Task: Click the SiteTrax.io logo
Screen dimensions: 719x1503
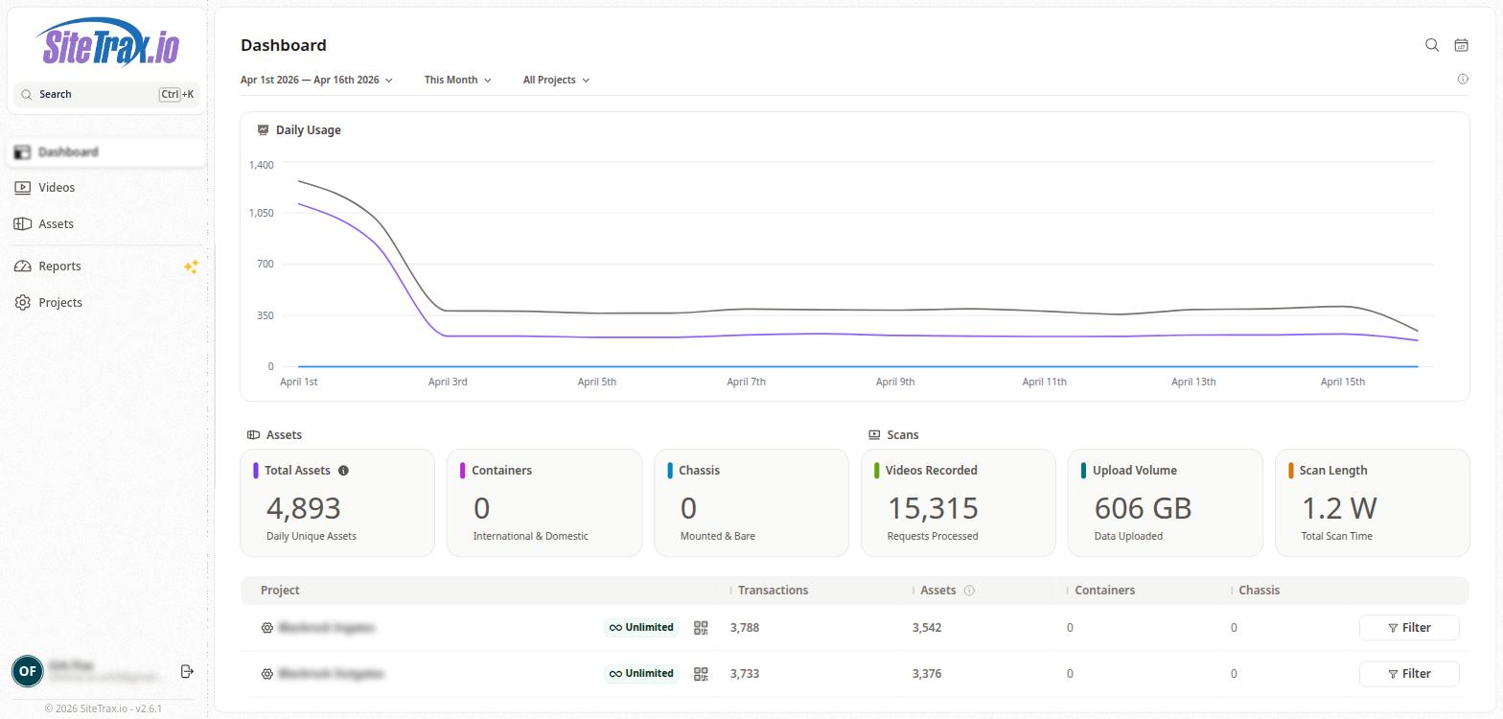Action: tap(108, 44)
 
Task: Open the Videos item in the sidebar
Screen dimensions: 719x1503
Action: tap(57, 188)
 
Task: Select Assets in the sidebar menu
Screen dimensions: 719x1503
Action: tap(56, 224)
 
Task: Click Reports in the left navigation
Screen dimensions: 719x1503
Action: tap(59, 267)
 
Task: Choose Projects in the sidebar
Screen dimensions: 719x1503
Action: tap(59, 303)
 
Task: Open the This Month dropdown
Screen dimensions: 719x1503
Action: tap(457, 81)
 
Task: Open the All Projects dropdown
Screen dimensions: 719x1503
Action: tap(556, 81)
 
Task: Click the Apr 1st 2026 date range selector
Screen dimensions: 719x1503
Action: tap(316, 81)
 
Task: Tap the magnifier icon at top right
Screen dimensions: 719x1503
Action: tap(1432, 45)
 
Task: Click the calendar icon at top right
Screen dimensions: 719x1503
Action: tap(1461, 45)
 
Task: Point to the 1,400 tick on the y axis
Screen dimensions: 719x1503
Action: tap(261, 165)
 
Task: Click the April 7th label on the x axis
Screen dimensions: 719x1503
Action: tap(746, 382)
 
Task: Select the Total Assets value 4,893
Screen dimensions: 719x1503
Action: tap(303, 508)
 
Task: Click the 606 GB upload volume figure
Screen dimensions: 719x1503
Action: tap(1143, 508)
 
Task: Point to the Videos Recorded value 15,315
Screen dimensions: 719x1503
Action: tap(933, 508)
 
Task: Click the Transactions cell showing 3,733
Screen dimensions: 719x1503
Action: tap(745, 674)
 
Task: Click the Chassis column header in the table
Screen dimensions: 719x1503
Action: tap(1259, 591)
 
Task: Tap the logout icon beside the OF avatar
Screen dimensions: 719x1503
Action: tap(187, 671)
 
